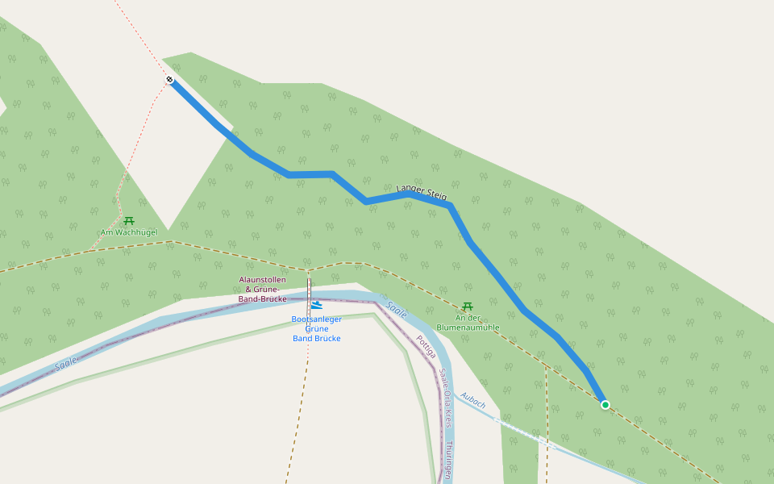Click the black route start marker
(170, 79)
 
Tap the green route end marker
(605, 404)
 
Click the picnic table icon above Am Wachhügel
(129, 220)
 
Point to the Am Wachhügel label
(129, 232)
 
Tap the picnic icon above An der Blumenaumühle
(467, 306)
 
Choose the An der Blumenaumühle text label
(468, 323)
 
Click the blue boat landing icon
(316, 306)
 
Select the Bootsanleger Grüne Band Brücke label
(316, 328)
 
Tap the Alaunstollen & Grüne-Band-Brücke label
(263, 289)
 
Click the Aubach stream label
(473, 400)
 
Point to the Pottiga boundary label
(426, 346)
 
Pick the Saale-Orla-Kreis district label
(444, 398)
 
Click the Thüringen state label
(448, 460)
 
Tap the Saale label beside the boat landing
(397, 308)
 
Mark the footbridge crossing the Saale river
(309, 295)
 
